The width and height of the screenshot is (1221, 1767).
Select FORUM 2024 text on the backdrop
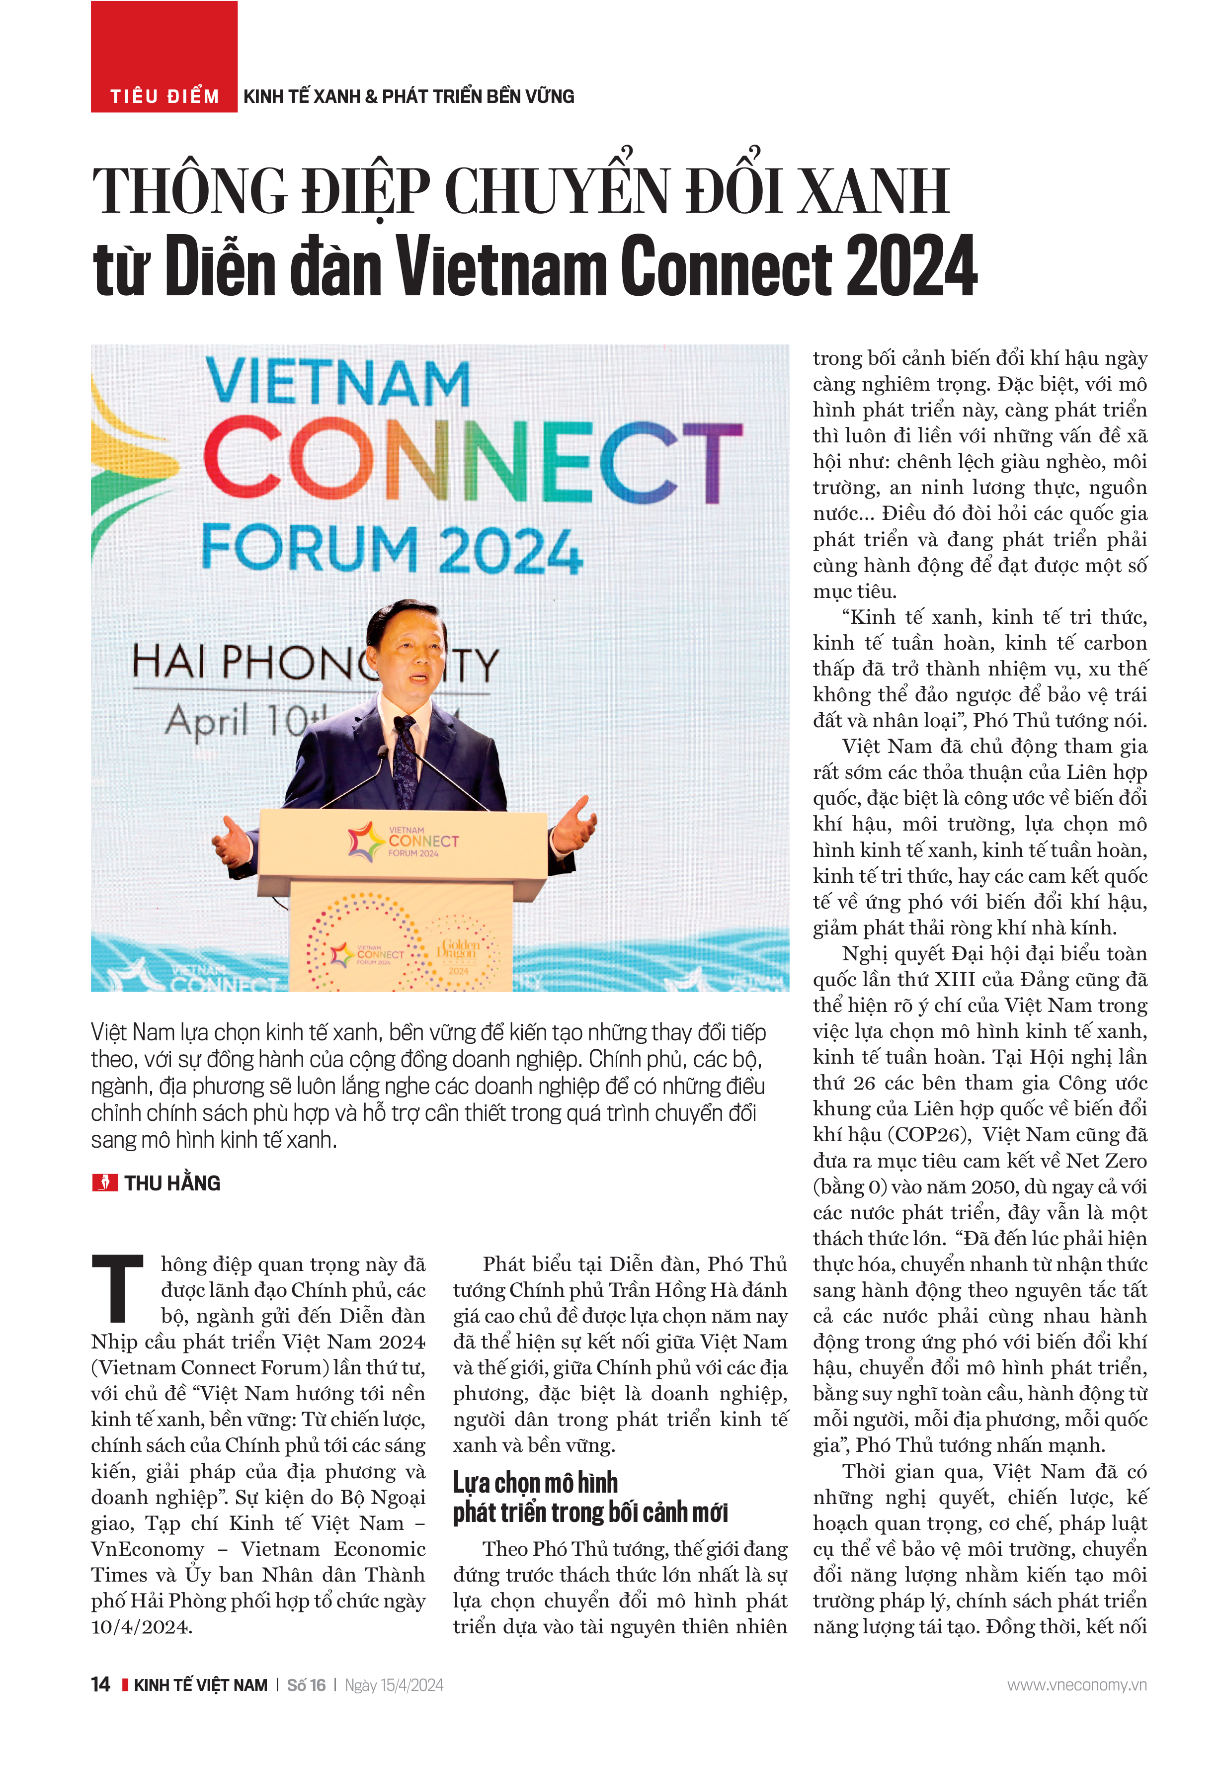[392, 549]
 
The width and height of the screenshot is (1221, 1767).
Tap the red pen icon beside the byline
[105, 1182]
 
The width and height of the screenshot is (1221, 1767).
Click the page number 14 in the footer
[100, 1684]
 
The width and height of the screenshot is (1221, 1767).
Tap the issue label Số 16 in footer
[306, 1685]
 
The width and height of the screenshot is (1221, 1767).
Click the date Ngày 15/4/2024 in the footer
[394, 1685]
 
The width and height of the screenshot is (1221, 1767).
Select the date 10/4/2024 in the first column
[142, 1626]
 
